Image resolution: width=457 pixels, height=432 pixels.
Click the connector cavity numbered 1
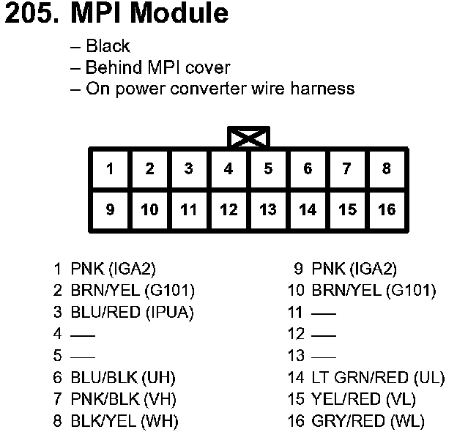coord(110,169)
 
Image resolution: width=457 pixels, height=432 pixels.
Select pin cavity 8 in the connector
coord(387,169)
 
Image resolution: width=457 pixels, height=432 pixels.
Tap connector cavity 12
coord(228,210)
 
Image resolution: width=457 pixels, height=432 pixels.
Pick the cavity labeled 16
coord(387,210)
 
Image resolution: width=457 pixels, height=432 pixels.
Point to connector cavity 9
coord(110,210)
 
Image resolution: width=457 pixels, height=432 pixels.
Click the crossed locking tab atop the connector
coord(249,138)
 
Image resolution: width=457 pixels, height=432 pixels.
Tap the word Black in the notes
coord(108,46)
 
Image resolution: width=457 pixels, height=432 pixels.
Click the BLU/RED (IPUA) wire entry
coord(132,312)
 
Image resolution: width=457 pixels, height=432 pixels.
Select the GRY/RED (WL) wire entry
coord(368,422)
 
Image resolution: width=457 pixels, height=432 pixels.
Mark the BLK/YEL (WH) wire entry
coord(125,422)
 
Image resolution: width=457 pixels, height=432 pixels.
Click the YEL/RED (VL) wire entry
coord(363,400)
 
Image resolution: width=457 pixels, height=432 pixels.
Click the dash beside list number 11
coord(323,313)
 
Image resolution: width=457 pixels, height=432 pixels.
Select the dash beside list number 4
coord(83,335)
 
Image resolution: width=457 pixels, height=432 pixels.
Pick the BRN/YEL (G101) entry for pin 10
coord(374,290)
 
